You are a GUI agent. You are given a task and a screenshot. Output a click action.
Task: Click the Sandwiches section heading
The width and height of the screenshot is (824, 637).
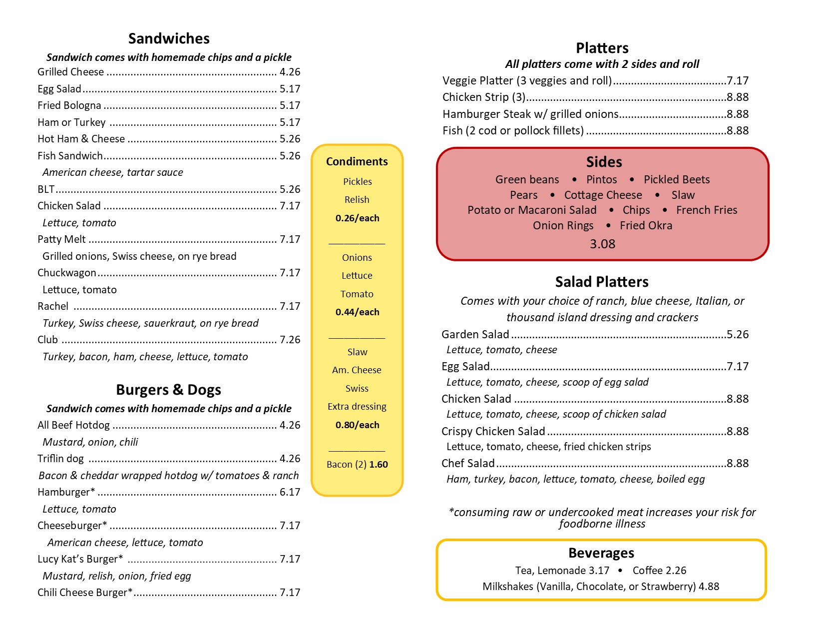coord(169,38)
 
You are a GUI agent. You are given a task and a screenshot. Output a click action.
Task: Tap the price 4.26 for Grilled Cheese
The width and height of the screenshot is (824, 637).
coord(290,72)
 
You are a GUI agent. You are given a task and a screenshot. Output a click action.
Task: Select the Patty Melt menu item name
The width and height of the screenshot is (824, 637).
coord(61,239)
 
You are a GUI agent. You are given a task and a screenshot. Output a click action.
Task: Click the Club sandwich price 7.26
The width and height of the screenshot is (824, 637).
coord(290,340)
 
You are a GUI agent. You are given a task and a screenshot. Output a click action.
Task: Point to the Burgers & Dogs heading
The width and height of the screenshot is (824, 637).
coord(168,390)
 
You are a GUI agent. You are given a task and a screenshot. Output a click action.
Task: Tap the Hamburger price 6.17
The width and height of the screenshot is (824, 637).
coord(290,492)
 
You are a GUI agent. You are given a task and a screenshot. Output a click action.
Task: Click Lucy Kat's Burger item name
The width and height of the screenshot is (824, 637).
coord(80,559)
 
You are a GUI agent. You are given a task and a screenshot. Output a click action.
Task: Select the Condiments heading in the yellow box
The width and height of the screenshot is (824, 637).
coord(357,161)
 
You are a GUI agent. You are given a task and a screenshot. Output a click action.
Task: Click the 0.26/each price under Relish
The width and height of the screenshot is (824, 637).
coord(357,218)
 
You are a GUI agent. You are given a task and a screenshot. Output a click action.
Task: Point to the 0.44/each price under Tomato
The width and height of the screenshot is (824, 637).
coord(357,312)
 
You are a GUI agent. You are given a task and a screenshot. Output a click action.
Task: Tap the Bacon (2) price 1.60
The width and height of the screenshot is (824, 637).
coord(379,465)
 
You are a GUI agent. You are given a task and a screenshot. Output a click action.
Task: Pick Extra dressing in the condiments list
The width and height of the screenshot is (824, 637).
coord(357,407)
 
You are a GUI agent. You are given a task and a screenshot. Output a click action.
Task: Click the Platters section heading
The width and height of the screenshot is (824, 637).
coord(602,48)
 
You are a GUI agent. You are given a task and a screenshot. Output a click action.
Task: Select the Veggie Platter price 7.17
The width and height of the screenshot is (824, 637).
coord(738,80)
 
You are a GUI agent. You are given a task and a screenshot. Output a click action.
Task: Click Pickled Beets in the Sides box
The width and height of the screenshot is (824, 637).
coord(676,179)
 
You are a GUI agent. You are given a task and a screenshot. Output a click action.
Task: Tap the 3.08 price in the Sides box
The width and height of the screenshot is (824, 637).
coord(602,244)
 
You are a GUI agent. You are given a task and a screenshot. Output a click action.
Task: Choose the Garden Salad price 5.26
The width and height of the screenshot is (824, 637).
coord(738,334)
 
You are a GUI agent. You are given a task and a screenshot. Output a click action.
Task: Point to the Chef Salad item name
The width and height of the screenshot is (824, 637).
coord(468,463)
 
